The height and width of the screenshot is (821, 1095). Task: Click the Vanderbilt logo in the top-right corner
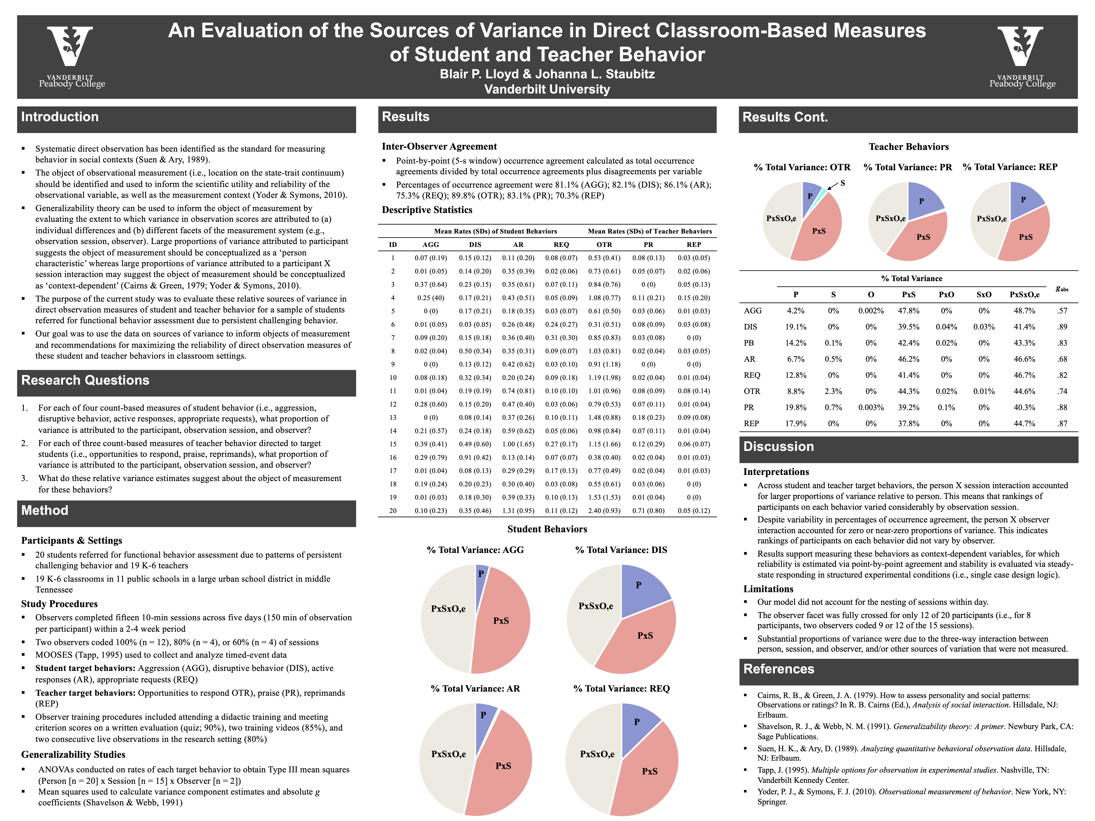click(1022, 57)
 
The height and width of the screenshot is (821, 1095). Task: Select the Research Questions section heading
click(85, 380)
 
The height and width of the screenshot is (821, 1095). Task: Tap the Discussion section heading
click(779, 446)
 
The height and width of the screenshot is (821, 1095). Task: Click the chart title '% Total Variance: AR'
click(475, 688)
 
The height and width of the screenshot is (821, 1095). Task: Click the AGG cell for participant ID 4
click(431, 298)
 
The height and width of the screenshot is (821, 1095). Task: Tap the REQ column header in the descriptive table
click(561, 244)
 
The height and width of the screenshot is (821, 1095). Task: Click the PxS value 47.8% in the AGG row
click(909, 311)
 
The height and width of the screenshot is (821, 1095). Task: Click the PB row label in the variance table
click(749, 343)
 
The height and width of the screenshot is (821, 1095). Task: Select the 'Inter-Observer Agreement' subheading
click(439, 146)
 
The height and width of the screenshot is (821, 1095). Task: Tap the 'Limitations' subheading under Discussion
click(768, 589)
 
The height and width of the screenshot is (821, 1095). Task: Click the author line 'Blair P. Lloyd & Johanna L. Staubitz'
click(547, 74)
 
